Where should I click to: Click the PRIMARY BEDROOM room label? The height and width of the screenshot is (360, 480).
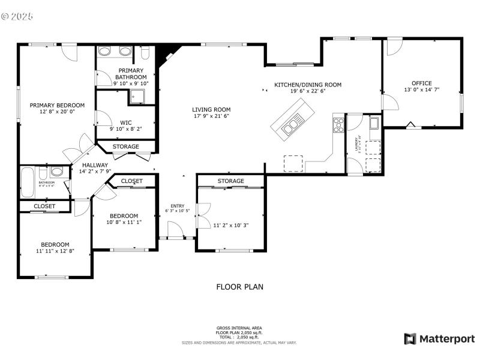click(58, 105)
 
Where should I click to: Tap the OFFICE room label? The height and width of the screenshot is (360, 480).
click(421, 83)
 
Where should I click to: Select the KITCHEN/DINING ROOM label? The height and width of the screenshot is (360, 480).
click(308, 85)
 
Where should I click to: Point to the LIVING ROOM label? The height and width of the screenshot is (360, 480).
click(211, 110)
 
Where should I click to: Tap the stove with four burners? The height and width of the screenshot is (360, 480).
click(338, 124)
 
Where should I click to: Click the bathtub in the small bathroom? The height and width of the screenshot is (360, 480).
click(28, 182)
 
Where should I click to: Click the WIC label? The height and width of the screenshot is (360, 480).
click(125, 122)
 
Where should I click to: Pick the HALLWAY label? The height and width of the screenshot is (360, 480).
click(95, 165)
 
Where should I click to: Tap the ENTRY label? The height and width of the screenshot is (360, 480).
click(177, 206)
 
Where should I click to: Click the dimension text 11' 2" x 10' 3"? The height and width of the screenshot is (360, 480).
click(230, 226)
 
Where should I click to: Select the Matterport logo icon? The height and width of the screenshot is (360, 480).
click(410, 339)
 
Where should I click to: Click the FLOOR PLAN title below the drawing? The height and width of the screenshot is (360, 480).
click(239, 287)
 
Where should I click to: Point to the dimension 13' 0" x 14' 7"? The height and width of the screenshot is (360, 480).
click(421, 90)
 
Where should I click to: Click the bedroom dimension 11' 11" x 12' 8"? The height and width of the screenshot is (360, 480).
click(55, 251)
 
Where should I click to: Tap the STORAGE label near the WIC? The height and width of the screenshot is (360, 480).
click(126, 146)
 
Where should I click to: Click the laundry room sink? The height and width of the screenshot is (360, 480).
click(374, 124)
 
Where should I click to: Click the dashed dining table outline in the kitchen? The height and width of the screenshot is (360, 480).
click(293, 163)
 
